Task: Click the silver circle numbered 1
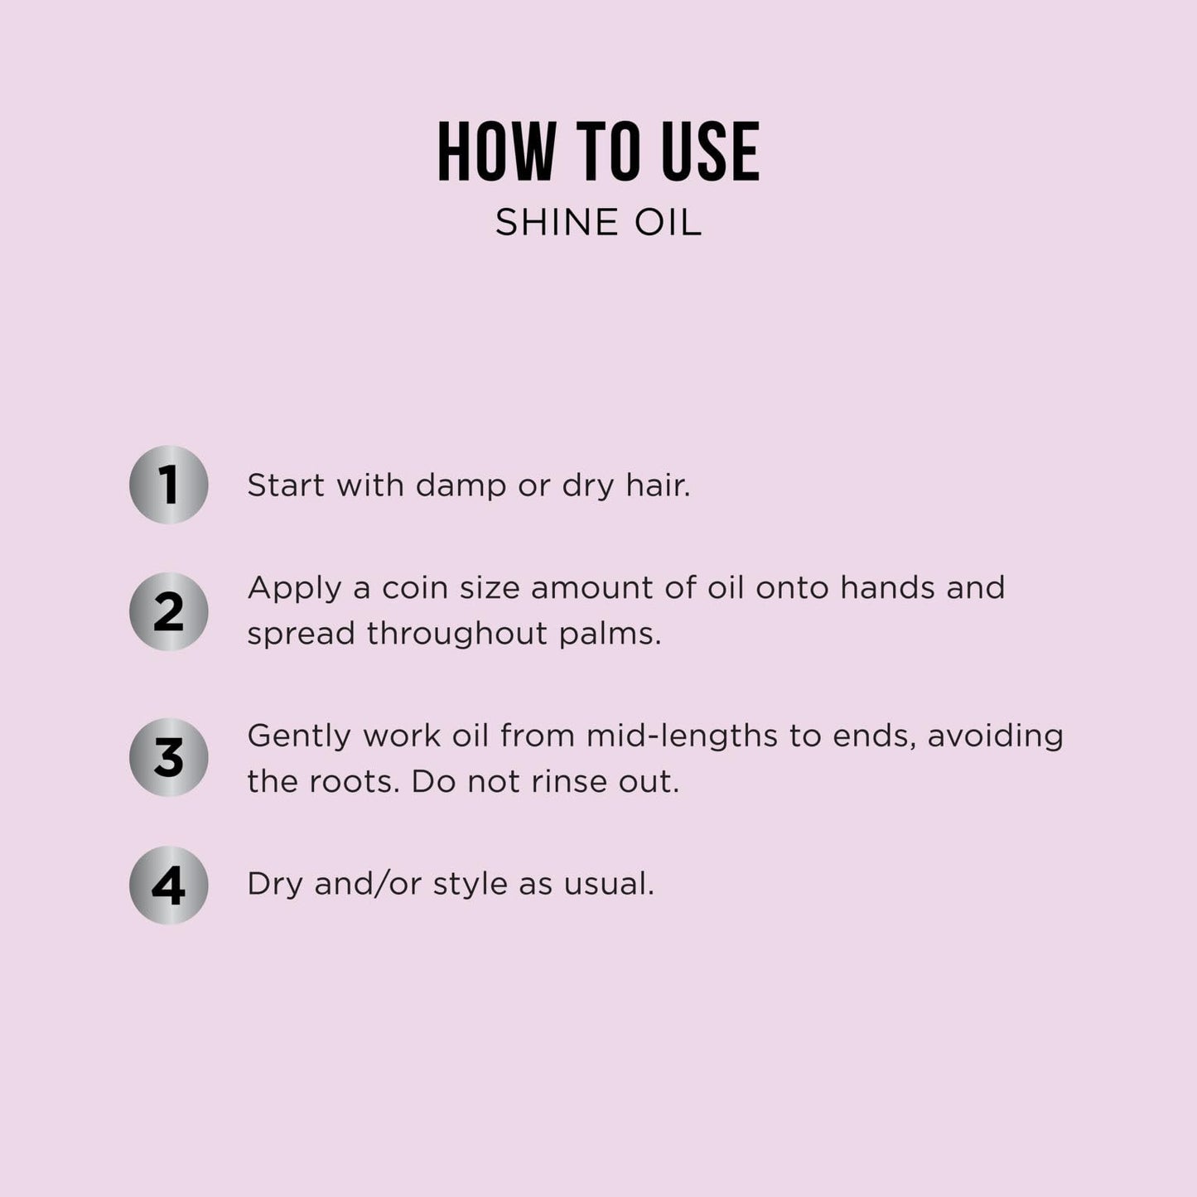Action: click(x=168, y=485)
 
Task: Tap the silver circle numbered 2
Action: click(x=168, y=611)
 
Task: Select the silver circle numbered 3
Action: click(x=168, y=757)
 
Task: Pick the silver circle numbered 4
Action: click(x=168, y=886)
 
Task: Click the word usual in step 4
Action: click(x=609, y=885)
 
